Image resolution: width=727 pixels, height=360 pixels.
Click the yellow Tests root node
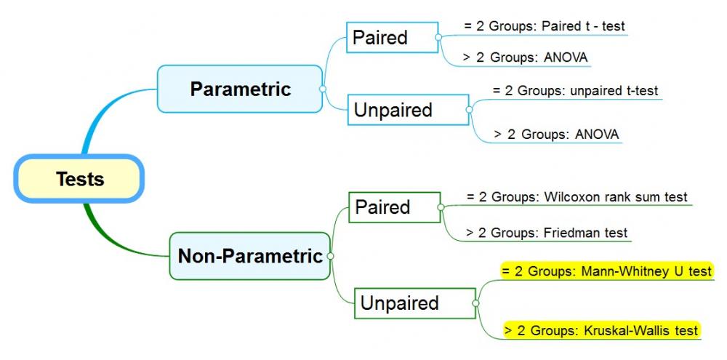point(79,179)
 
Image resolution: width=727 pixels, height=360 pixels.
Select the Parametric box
point(240,89)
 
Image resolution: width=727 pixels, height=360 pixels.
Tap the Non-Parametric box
point(250,256)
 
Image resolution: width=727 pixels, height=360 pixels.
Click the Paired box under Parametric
point(393,37)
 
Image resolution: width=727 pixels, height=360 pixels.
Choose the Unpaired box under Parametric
point(408,110)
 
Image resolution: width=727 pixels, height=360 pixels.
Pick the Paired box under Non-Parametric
point(395,207)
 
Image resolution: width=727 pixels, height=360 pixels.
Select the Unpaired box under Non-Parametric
point(415,303)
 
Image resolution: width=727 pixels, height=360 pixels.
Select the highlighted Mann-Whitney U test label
point(606,271)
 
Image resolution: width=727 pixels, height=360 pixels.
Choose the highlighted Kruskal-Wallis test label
point(601,331)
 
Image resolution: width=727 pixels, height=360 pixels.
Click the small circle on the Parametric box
point(323,89)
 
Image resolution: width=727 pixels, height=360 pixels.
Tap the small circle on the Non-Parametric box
point(331,256)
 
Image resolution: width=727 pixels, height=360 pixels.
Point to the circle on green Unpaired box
point(475,303)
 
